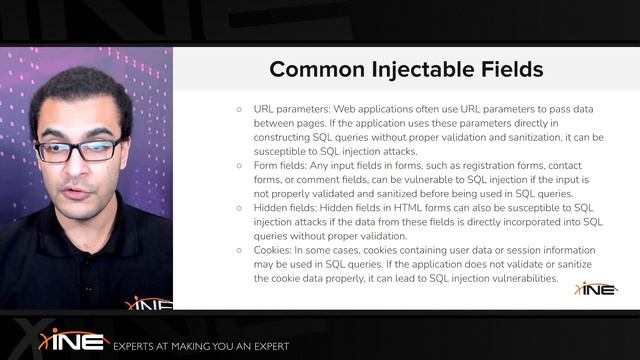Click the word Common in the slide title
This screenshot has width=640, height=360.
click(x=312, y=70)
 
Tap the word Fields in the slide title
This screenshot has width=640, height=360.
click(x=506, y=70)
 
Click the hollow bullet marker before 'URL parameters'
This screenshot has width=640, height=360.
click(x=240, y=109)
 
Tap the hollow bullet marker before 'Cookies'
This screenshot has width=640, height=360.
click(x=240, y=250)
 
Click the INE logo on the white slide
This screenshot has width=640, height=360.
click(x=596, y=289)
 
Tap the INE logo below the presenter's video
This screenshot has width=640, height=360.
click(x=148, y=302)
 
